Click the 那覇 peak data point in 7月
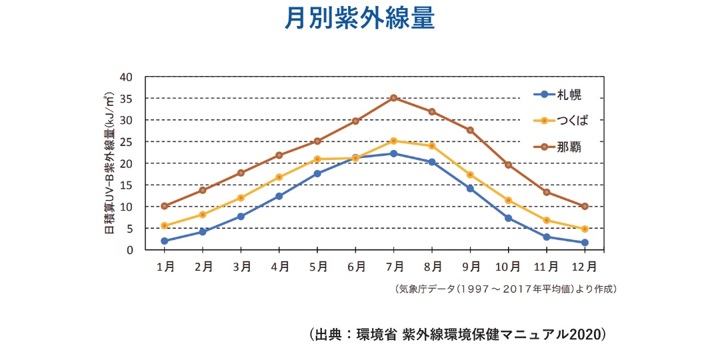click(394, 98)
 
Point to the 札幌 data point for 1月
click(164, 241)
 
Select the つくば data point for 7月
click(394, 141)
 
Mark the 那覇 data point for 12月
click(585, 206)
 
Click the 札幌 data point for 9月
click(470, 189)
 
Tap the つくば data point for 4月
click(279, 177)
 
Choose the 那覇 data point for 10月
click(508, 165)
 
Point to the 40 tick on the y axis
click(126, 77)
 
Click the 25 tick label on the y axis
click(126, 142)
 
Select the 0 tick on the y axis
click(129, 250)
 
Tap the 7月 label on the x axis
click(394, 267)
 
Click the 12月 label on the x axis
click(585, 267)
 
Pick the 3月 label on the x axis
click(241, 267)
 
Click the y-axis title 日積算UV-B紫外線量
click(109, 163)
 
